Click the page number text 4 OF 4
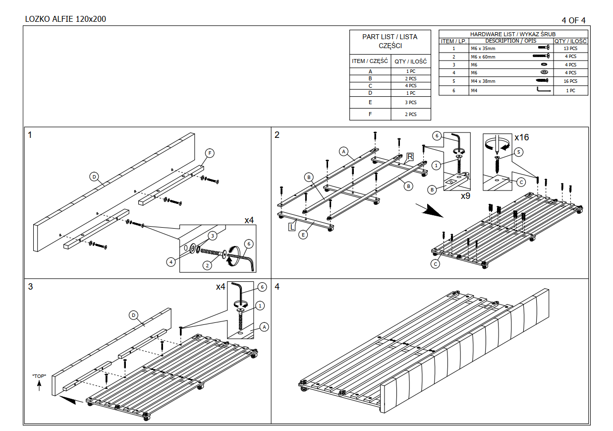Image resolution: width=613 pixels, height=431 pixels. (x=573, y=20)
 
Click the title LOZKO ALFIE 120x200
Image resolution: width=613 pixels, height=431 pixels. (x=65, y=19)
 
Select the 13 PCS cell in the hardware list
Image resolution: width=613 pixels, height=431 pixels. (x=570, y=49)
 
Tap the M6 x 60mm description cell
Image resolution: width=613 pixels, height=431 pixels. (x=483, y=57)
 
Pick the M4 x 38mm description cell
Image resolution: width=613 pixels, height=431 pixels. (x=483, y=81)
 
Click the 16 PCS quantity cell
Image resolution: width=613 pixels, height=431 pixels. (x=570, y=81)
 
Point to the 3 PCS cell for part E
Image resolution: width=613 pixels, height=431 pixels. (x=410, y=103)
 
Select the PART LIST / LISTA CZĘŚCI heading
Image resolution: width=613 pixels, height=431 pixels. (x=390, y=41)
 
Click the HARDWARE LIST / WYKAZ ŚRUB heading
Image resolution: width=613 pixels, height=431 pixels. (x=513, y=34)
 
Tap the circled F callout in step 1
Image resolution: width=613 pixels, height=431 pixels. (x=210, y=153)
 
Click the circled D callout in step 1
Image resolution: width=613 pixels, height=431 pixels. (x=94, y=176)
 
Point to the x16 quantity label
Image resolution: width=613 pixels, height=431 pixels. (x=521, y=137)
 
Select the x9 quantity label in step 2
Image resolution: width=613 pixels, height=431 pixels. (x=465, y=196)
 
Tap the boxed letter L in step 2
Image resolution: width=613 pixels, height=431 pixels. (x=292, y=227)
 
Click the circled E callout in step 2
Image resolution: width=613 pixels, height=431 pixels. (x=303, y=235)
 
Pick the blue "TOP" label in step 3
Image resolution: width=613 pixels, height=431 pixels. (x=39, y=376)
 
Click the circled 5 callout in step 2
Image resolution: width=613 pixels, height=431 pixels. (x=518, y=152)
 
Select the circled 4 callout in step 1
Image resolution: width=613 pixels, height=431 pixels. (x=171, y=261)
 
